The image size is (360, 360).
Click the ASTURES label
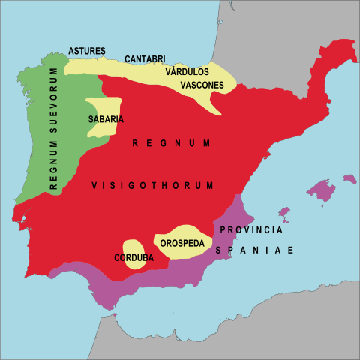point(87,51)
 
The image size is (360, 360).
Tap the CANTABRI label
point(145,58)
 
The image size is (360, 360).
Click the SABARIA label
point(106,119)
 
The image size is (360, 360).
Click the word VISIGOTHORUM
point(153,185)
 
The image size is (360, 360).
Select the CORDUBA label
point(134,258)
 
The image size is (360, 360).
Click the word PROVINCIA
point(251,229)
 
